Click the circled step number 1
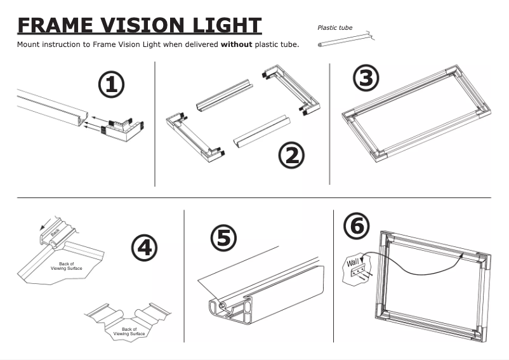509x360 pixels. (111, 85)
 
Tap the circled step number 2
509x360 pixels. (291, 156)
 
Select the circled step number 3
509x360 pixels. (366, 78)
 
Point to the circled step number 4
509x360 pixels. (144, 247)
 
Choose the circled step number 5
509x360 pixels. (223, 238)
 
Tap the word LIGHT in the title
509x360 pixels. (226, 25)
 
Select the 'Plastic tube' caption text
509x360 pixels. (334, 28)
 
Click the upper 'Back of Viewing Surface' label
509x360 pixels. (67, 265)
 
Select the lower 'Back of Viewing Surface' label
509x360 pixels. (129, 331)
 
